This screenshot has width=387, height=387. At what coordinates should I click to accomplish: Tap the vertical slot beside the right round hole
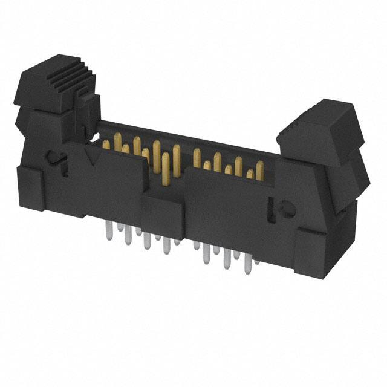270,206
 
